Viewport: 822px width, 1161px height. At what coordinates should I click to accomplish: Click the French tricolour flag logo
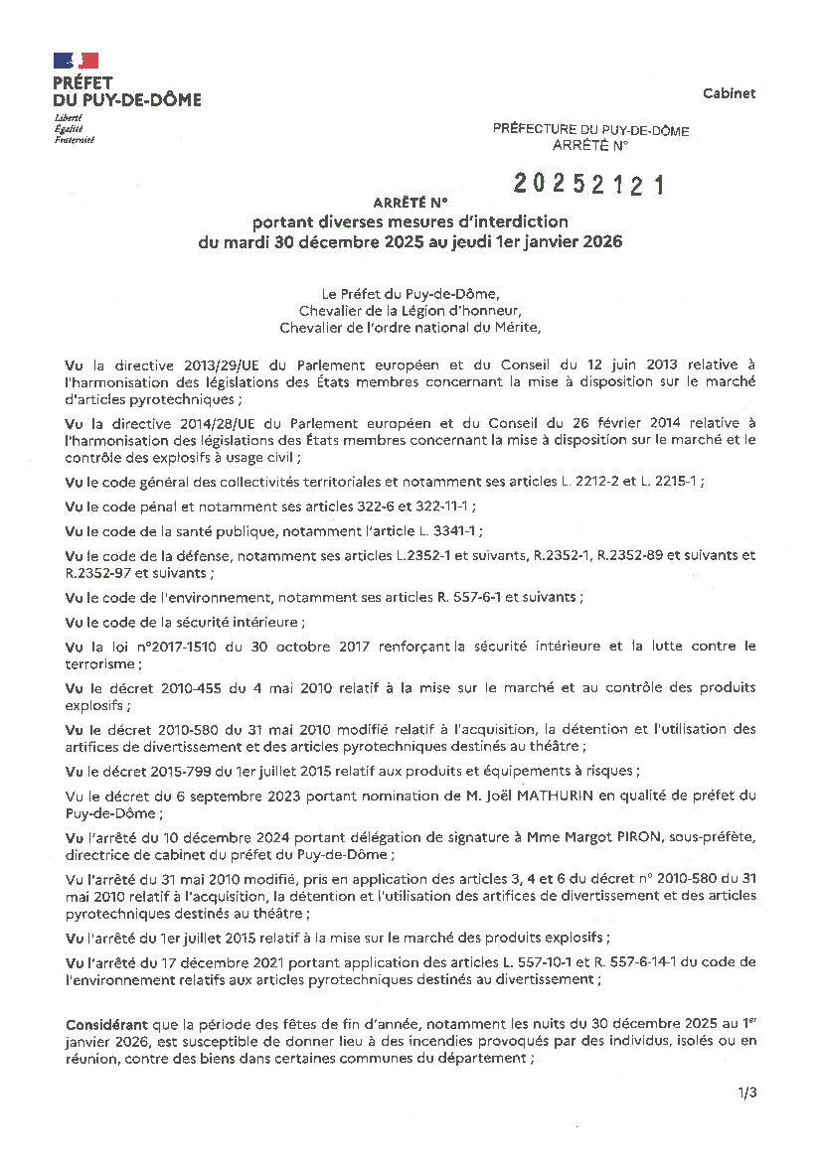(x=76, y=61)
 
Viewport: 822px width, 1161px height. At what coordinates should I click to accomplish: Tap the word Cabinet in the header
(x=729, y=93)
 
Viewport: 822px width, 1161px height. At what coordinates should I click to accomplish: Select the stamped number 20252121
(x=588, y=184)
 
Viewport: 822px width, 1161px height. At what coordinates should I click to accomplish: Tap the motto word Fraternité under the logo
(x=75, y=140)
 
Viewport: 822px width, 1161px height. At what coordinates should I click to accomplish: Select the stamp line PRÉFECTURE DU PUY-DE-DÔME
(x=590, y=130)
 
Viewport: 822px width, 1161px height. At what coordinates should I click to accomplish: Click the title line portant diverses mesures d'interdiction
(x=410, y=220)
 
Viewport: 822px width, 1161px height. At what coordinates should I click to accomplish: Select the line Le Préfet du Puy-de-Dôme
(x=410, y=294)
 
